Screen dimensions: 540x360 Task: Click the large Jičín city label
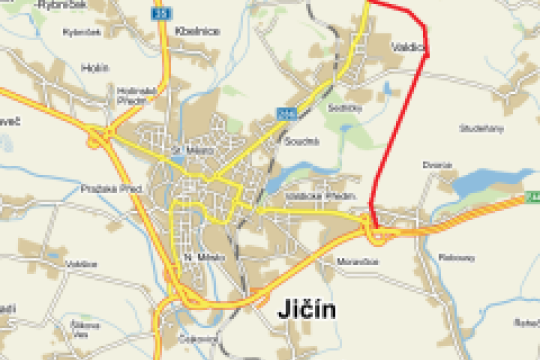point(303,311)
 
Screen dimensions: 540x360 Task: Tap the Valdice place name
point(410,46)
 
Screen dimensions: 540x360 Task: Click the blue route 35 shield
point(161,14)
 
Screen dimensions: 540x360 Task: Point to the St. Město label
point(188,151)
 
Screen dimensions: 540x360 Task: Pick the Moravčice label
point(353,261)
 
